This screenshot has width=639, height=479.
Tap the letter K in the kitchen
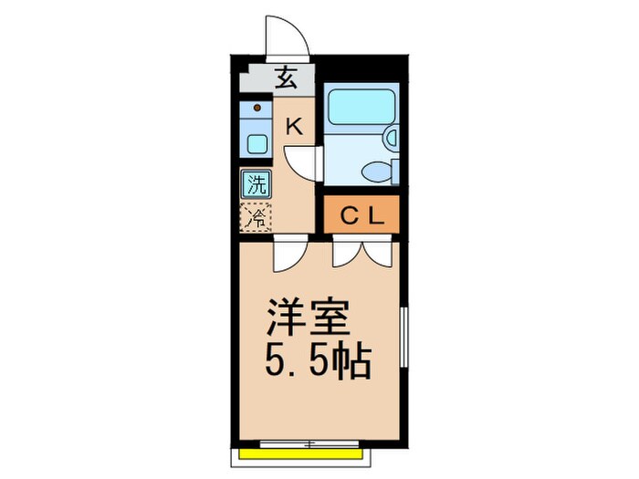click(294, 127)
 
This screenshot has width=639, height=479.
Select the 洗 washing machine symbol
click(257, 183)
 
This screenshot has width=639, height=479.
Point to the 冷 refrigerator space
click(257, 217)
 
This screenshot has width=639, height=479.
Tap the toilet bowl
click(376, 171)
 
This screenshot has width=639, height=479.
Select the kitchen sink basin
click(257, 144)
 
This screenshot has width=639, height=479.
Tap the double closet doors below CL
click(361, 250)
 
